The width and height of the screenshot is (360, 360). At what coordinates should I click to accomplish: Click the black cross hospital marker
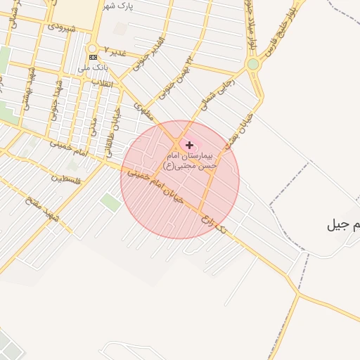pos(189,144)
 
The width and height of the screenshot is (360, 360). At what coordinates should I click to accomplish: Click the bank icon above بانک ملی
pos(93,57)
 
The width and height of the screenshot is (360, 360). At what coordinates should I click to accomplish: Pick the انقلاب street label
pos(91,81)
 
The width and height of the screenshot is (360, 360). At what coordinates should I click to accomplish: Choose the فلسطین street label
pos(66,180)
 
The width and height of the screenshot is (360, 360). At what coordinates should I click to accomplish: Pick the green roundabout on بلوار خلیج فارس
pos(252,65)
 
